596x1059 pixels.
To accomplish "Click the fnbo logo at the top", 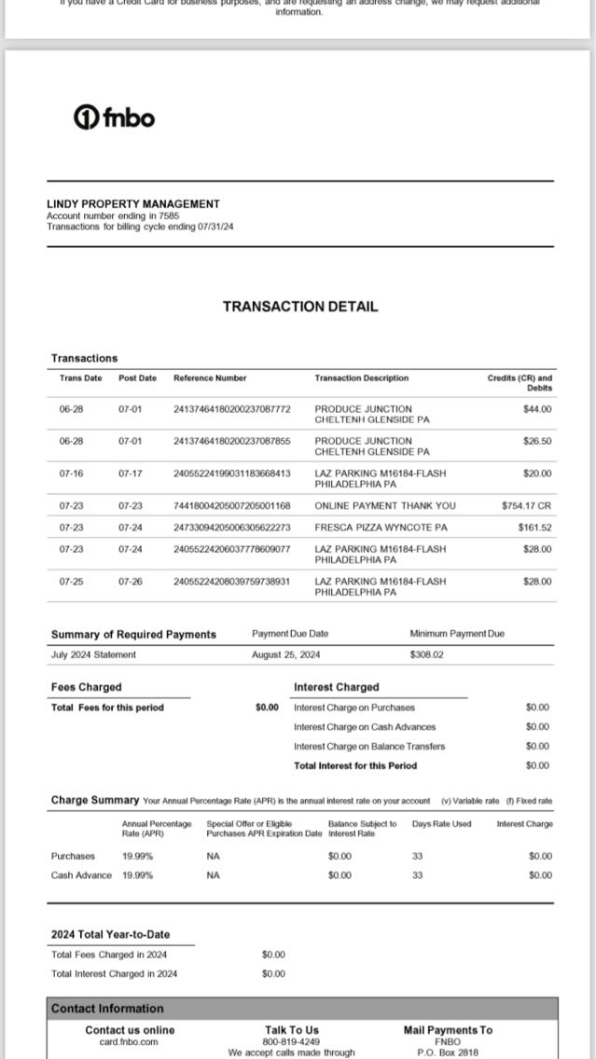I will click(x=114, y=117).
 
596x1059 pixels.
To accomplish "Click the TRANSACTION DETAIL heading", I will click(x=299, y=306).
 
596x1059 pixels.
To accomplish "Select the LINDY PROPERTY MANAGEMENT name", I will click(x=132, y=203).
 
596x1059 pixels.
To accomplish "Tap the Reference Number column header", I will click(x=210, y=378).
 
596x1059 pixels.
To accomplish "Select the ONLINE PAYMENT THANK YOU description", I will click(x=385, y=505).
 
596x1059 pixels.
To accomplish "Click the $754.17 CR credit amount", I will click(x=526, y=505).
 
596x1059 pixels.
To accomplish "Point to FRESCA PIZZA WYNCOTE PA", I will click(x=381, y=528).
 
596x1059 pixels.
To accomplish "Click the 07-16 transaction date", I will click(x=71, y=474).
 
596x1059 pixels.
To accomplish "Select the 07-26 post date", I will click(x=130, y=582).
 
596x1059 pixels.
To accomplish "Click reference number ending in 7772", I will click(x=232, y=408).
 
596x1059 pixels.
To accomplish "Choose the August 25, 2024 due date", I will click(x=285, y=654).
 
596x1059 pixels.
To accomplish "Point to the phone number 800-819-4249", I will click(x=291, y=1041).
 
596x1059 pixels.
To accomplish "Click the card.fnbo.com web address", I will click(x=129, y=1041).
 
